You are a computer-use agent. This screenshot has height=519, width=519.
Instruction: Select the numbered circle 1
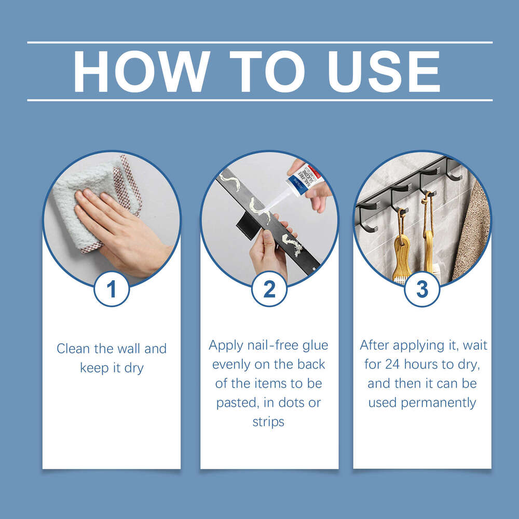coord(112,289)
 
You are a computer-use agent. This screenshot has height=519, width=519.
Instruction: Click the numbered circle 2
coord(269,289)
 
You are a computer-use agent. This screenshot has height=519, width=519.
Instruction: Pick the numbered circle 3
coord(422,289)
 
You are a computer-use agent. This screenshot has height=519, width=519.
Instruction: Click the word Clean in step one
coord(73,349)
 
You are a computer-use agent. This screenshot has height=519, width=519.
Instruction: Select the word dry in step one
coord(134,368)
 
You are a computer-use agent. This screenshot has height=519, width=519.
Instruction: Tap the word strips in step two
coord(268,421)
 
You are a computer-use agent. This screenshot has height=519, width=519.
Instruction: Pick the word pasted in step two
coord(234,403)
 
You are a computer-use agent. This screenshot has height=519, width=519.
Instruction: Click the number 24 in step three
coord(396,364)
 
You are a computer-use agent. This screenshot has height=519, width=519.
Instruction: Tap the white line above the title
coord(259,43)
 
